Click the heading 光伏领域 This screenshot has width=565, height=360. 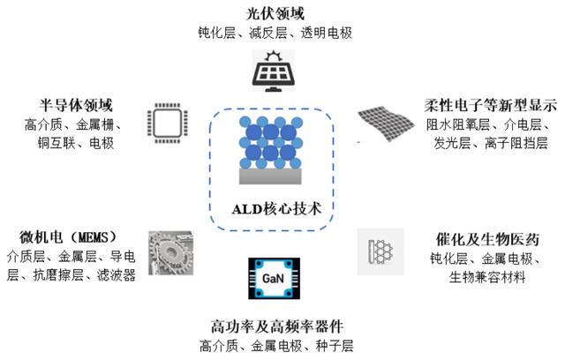[x=275, y=14]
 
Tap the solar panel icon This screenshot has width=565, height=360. [x=274, y=71]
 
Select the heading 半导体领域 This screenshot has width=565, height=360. [x=76, y=105]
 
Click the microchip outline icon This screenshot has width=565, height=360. [x=167, y=123]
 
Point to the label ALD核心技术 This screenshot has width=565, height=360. [x=276, y=209]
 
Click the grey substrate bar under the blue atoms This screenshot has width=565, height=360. [x=270, y=176]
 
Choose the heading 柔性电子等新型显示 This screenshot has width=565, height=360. [x=491, y=106]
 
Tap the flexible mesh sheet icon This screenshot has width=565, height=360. [x=386, y=123]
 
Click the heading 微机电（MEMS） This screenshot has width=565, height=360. [x=69, y=237]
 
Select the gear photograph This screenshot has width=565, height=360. [x=170, y=253]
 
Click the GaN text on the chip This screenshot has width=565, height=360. [x=273, y=278]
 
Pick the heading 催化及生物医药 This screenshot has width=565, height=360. [x=487, y=239]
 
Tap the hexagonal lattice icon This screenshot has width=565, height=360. [x=380, y=251]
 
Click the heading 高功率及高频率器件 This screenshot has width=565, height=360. [x=276, y=326]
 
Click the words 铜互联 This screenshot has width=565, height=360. [x=56, y=143]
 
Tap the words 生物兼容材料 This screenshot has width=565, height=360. [x=487, y=277]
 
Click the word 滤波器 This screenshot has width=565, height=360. [x=117, y=275]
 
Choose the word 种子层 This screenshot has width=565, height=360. [x=335, y=346]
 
